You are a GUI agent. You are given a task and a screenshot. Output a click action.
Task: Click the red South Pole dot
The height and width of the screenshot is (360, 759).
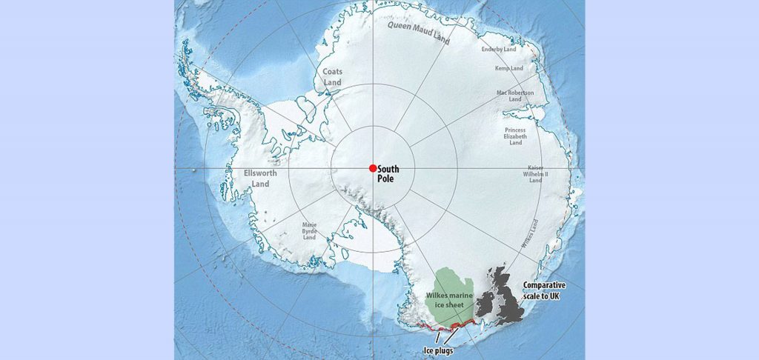tap(373, 168)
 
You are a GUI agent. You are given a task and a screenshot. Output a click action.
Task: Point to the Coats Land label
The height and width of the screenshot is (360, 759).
tap(331, 76)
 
